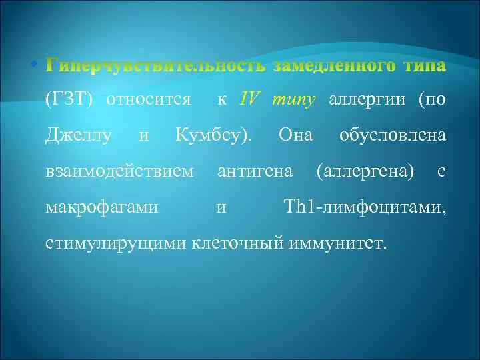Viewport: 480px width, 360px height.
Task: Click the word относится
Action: pyautogui.click(x=148, y=101)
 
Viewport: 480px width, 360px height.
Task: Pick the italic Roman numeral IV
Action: pyautogui.click(x=250, y=100)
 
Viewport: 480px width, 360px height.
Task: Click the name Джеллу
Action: pyautogui.click(x=77, y=136)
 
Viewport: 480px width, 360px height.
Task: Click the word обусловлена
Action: pyautogui.click(x=392, y=136)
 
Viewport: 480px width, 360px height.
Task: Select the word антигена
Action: pyautogui.click(x=255, y=171)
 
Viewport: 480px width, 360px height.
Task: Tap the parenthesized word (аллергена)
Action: pyautogui.click(x=364, y=171)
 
